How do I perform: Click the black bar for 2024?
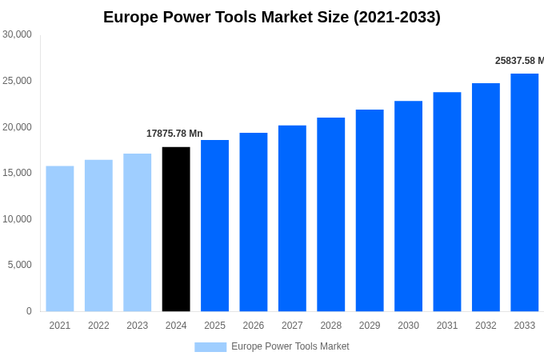tap(176, 229)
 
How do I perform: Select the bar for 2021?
tap(60, 238)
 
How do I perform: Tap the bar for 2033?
tap(525, 192)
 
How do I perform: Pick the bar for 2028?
tap(331, 214)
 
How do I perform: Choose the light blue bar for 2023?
tap(138, 232)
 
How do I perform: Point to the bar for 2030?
tap(409, 206)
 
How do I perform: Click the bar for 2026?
tap(254, 222)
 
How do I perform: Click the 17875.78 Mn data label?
tap(174, 134)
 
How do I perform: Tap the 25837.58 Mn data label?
tap(519, 61)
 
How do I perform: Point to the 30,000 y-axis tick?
tap(18, 34)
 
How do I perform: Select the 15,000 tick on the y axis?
tap(18, 173)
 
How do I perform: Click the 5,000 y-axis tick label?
tap(20, 265)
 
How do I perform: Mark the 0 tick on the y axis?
tap(29, 311)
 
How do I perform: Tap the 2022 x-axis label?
tap(98, 326)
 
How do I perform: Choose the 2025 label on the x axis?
tap(214, 326)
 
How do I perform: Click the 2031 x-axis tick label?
tap(447, 326)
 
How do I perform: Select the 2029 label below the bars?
tap(370, 326)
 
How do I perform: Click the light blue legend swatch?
tap(210, 346)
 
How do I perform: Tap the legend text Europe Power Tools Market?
tap(290, 346)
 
